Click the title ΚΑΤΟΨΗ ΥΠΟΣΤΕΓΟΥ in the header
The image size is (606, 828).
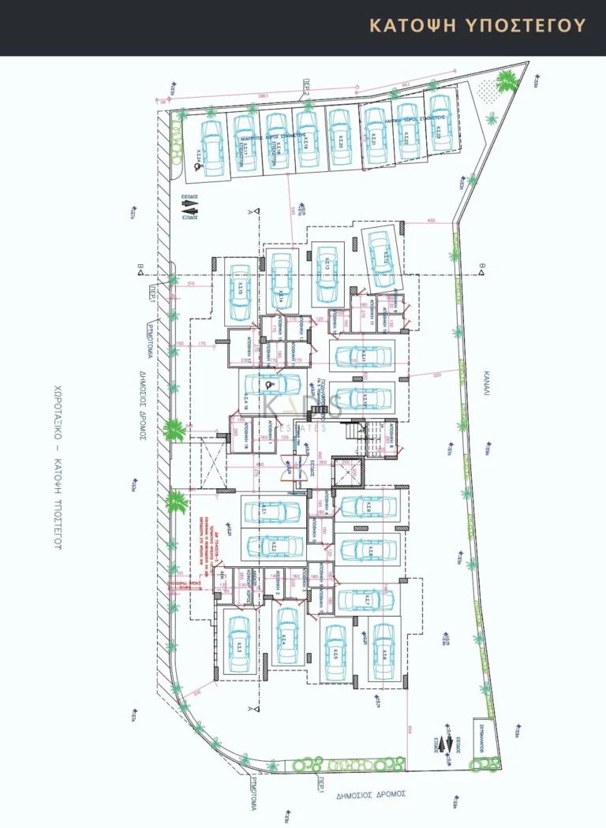(478, 25)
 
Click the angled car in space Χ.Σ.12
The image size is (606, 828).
(378, 256)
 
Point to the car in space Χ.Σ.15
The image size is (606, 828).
(239, 293)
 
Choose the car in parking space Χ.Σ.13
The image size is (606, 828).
(326, 273)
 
